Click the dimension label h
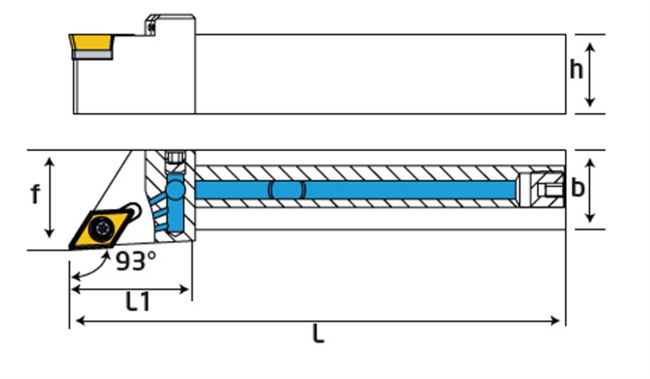576,70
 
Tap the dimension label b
578,188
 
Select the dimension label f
35,195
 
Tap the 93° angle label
136,262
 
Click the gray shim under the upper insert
92,55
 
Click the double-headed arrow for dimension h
591,74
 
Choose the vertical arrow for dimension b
591,190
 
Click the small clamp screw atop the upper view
152,24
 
